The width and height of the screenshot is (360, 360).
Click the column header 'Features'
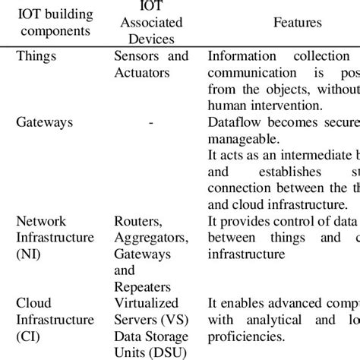tap(297, 22)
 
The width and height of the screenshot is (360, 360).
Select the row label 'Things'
tap(36, 56)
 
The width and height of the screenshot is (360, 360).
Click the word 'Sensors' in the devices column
tap(136, 56)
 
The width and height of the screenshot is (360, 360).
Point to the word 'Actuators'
tap(141, 73)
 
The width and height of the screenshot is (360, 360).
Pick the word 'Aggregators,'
tap(149, 238)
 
